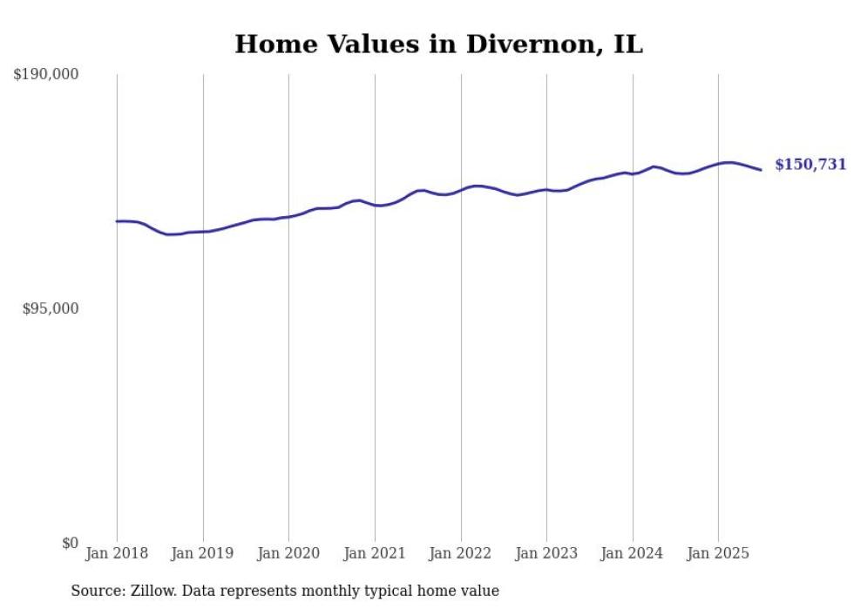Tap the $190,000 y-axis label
tap(46, 75)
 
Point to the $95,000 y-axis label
tap(51, 308)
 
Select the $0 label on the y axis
tap(71, 543)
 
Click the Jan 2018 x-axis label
tap(117, 553)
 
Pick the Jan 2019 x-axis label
tap(203, 553)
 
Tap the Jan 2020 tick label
tap(288, 553)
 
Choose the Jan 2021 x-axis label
tap(375, 553)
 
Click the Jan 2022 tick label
tap(461, 553)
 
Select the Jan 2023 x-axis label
tap(546, 553)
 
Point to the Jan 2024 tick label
tap(633, 553)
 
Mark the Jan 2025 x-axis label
tap(718, 553)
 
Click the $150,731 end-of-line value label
tap(810, 165)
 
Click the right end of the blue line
tap(761, 169)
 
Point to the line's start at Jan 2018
tap(117, 221)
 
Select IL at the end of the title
tap(627, 44)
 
